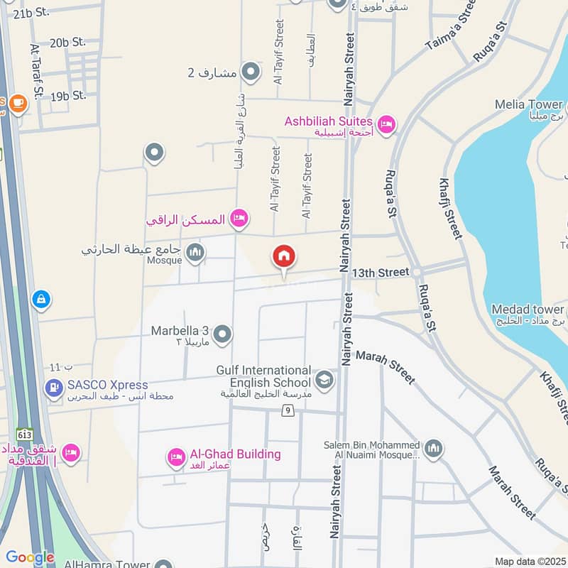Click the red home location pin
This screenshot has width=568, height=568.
point(284,258)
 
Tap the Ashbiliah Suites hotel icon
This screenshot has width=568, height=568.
point(386,124)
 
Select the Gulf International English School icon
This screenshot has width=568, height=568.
point(325,380)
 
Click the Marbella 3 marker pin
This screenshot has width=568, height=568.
point(223,333)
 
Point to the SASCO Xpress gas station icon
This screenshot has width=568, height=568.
point(53,388)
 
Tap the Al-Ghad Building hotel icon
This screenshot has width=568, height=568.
point(176,458)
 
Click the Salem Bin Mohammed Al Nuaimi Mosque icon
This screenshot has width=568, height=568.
point(434,448)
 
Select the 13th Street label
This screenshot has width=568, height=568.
point(381,272)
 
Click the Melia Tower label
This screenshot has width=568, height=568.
point(528,106)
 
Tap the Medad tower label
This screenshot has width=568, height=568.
point(528,310)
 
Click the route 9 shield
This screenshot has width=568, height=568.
point(288,410)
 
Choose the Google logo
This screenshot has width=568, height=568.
point(30,557)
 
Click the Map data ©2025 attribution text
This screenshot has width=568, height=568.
point(530,561)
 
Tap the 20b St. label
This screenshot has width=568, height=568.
point(67,43)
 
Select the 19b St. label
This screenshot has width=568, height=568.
point(68,95)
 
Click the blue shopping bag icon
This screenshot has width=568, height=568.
point(41,300)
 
